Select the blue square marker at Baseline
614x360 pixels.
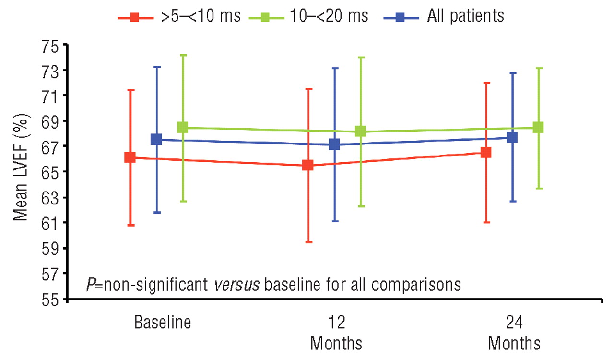[x=156, y=139]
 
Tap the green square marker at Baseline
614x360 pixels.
[x=182, y=127]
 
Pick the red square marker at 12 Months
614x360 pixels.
[x=307, y=165]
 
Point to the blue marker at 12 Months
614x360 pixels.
[x=334, y=144]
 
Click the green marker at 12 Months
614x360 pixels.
[x=361, y=131]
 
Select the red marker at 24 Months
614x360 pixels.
[x=486, y=152]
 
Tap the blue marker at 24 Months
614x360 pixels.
[x=512, y=137]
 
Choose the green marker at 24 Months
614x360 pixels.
[x=538, y=127]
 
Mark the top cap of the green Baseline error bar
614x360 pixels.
[x=182, y=55]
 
